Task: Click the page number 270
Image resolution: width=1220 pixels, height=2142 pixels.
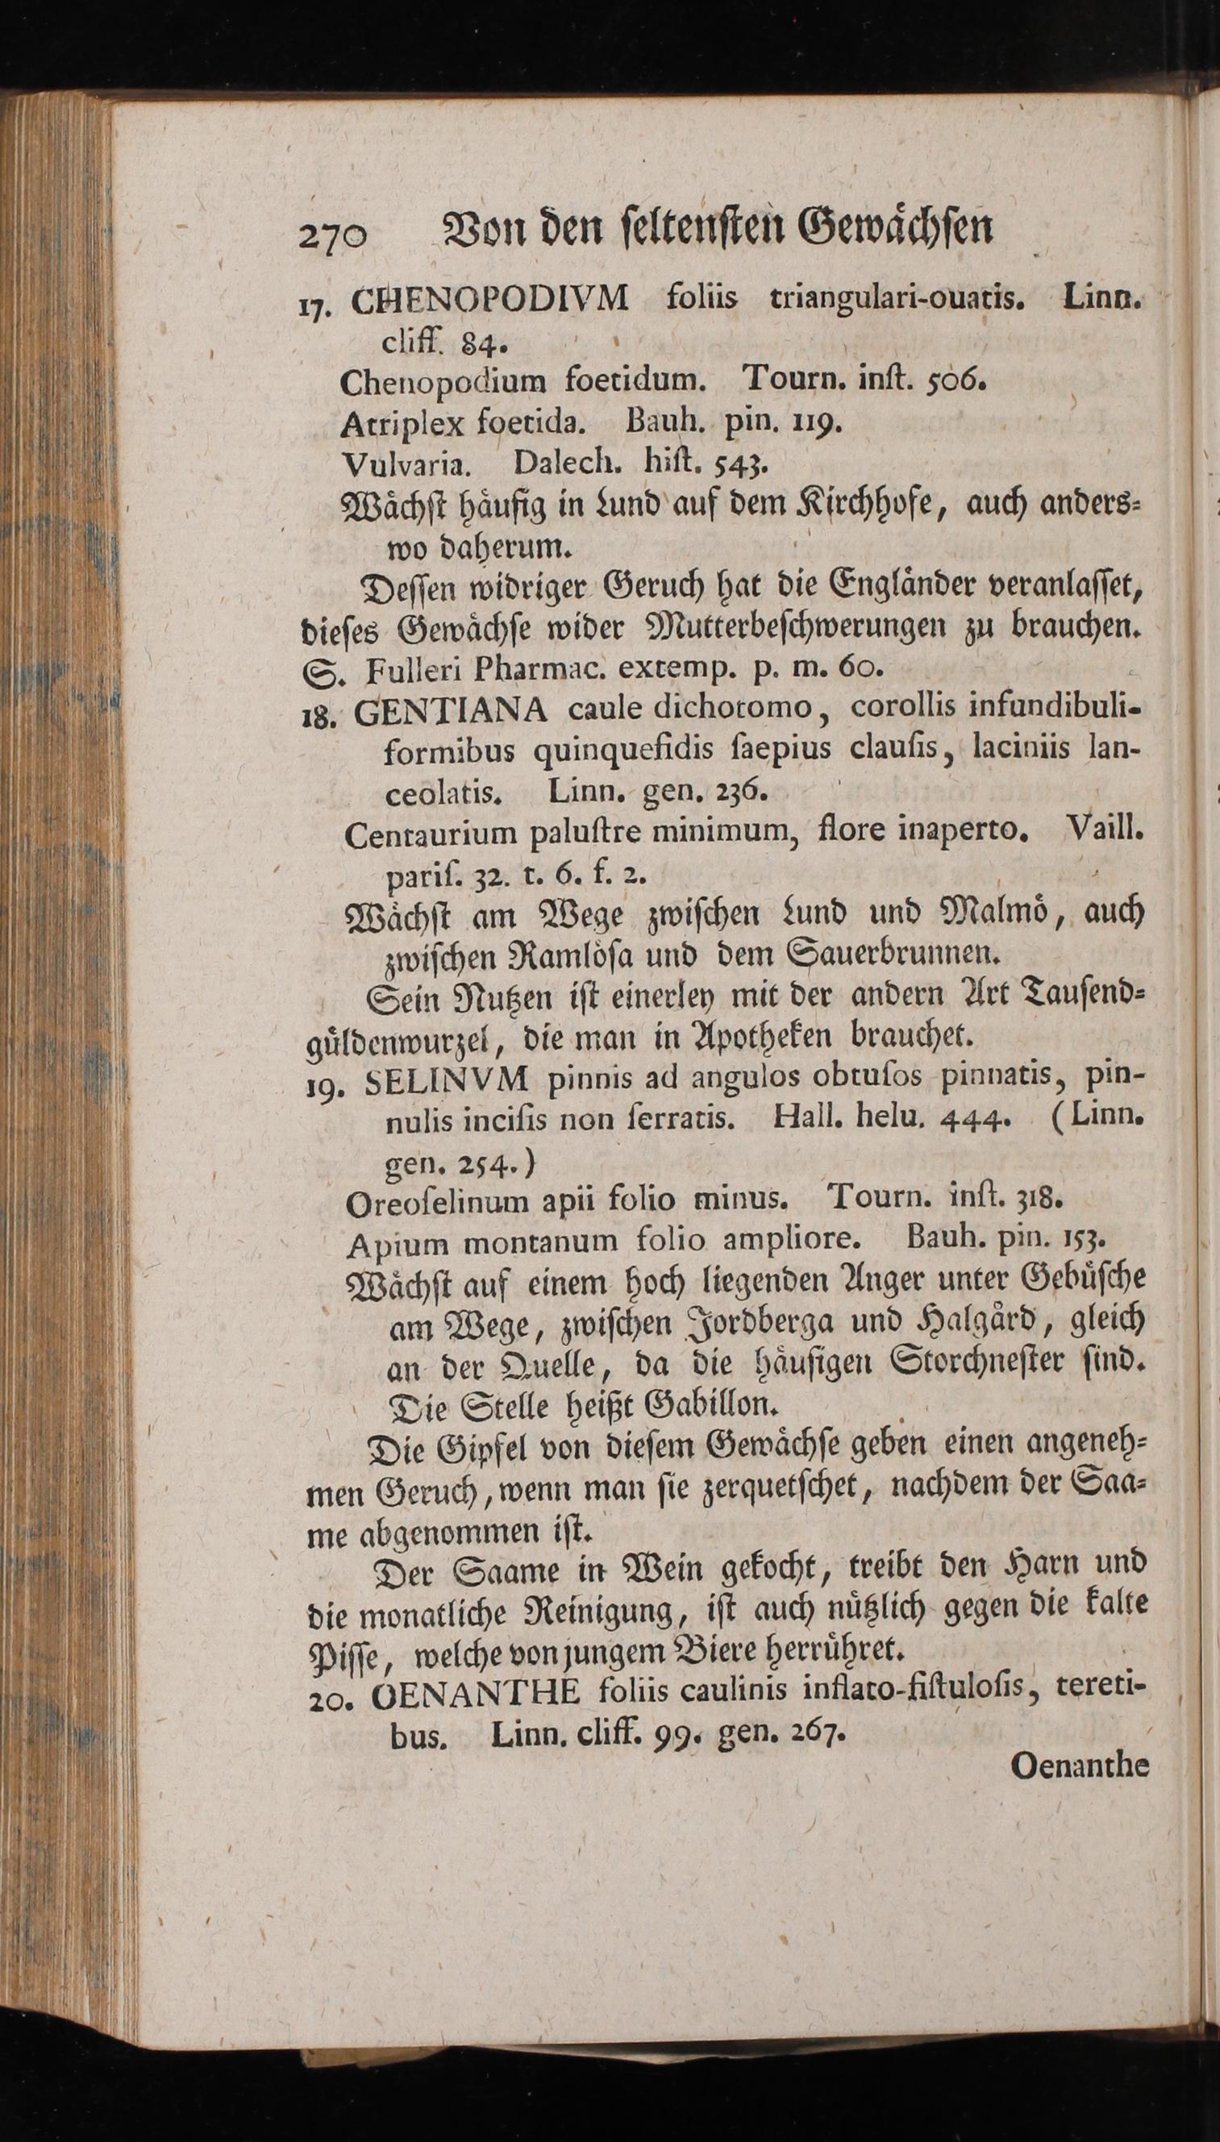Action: click(x=333, y=238)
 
